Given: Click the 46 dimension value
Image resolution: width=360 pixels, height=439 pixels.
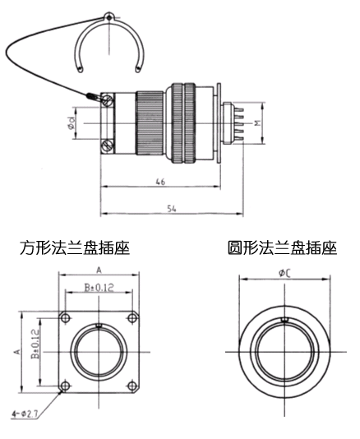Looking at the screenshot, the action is pos(160,182).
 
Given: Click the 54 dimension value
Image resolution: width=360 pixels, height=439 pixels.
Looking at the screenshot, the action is pos(172,209).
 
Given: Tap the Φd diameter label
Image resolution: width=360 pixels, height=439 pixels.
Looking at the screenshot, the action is pos(72,123).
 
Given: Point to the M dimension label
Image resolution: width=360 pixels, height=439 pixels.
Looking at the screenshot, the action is pos(257,122).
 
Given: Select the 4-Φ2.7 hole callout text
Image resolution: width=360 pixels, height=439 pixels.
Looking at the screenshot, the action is pos(25,414).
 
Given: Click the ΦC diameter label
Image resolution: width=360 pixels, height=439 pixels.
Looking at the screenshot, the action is pos(284,273).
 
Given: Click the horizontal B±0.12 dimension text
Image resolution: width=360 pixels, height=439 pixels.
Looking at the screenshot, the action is pos(99,288).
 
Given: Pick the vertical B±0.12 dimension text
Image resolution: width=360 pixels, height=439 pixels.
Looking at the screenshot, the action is pos(35,344).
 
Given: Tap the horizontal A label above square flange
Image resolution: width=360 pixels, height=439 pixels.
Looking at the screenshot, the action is pos(99,270).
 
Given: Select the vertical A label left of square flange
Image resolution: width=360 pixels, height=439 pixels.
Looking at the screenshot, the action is pos(17,351).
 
